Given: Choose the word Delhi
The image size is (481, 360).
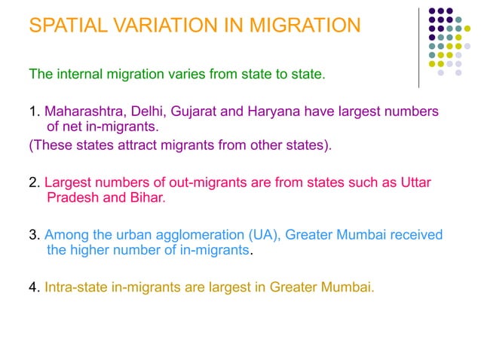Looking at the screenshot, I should (x=146, y=112).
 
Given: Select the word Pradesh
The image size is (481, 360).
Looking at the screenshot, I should (x=73, y=199).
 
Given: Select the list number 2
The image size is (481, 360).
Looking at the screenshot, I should (x=34, y=184).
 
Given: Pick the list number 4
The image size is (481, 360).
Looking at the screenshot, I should (x=34, y=286).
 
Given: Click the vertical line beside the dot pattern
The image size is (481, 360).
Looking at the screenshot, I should (x=419, y=45).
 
